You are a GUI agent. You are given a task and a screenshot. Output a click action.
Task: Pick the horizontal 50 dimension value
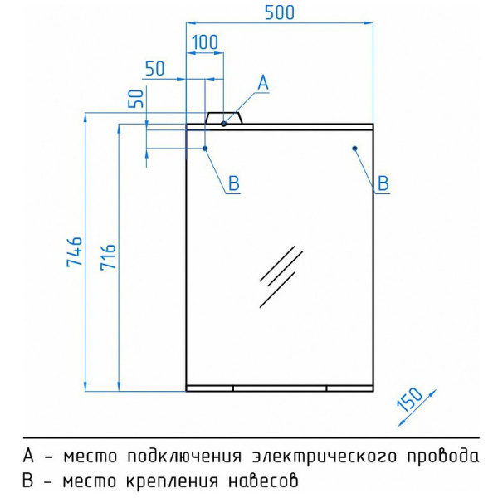click(155, 69)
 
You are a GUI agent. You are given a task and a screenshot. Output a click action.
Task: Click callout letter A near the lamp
click(263, 82)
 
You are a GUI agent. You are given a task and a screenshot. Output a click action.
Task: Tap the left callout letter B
click(233, 183)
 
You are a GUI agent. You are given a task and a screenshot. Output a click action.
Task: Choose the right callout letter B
click(383, 183)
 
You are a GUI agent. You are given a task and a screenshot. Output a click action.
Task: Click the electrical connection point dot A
click(224, 124)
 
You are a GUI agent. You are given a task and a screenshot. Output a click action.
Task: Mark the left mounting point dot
click(205, 149)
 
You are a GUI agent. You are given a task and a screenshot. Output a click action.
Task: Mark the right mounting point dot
click(354, 149)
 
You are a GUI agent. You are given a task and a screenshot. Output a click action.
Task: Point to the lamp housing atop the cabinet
click(223, 118)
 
